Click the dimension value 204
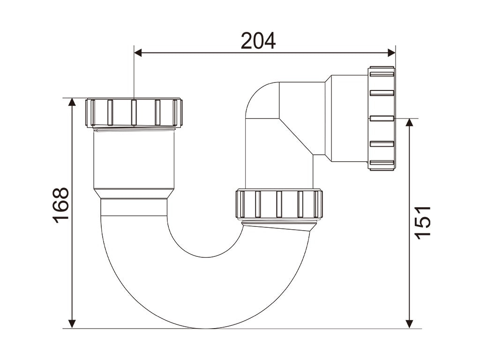[x=258, y=41]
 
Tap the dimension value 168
[x=60, y=205]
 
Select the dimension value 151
[x=422, y=223]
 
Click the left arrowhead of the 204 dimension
[x=138, y=52]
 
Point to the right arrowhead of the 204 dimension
[x=392, y=52]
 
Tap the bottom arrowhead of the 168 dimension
[x=72, y=324]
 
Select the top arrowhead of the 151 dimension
[x=409, y=122]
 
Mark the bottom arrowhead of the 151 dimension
[x=409, y=324]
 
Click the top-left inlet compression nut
[x=134, y=112]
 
